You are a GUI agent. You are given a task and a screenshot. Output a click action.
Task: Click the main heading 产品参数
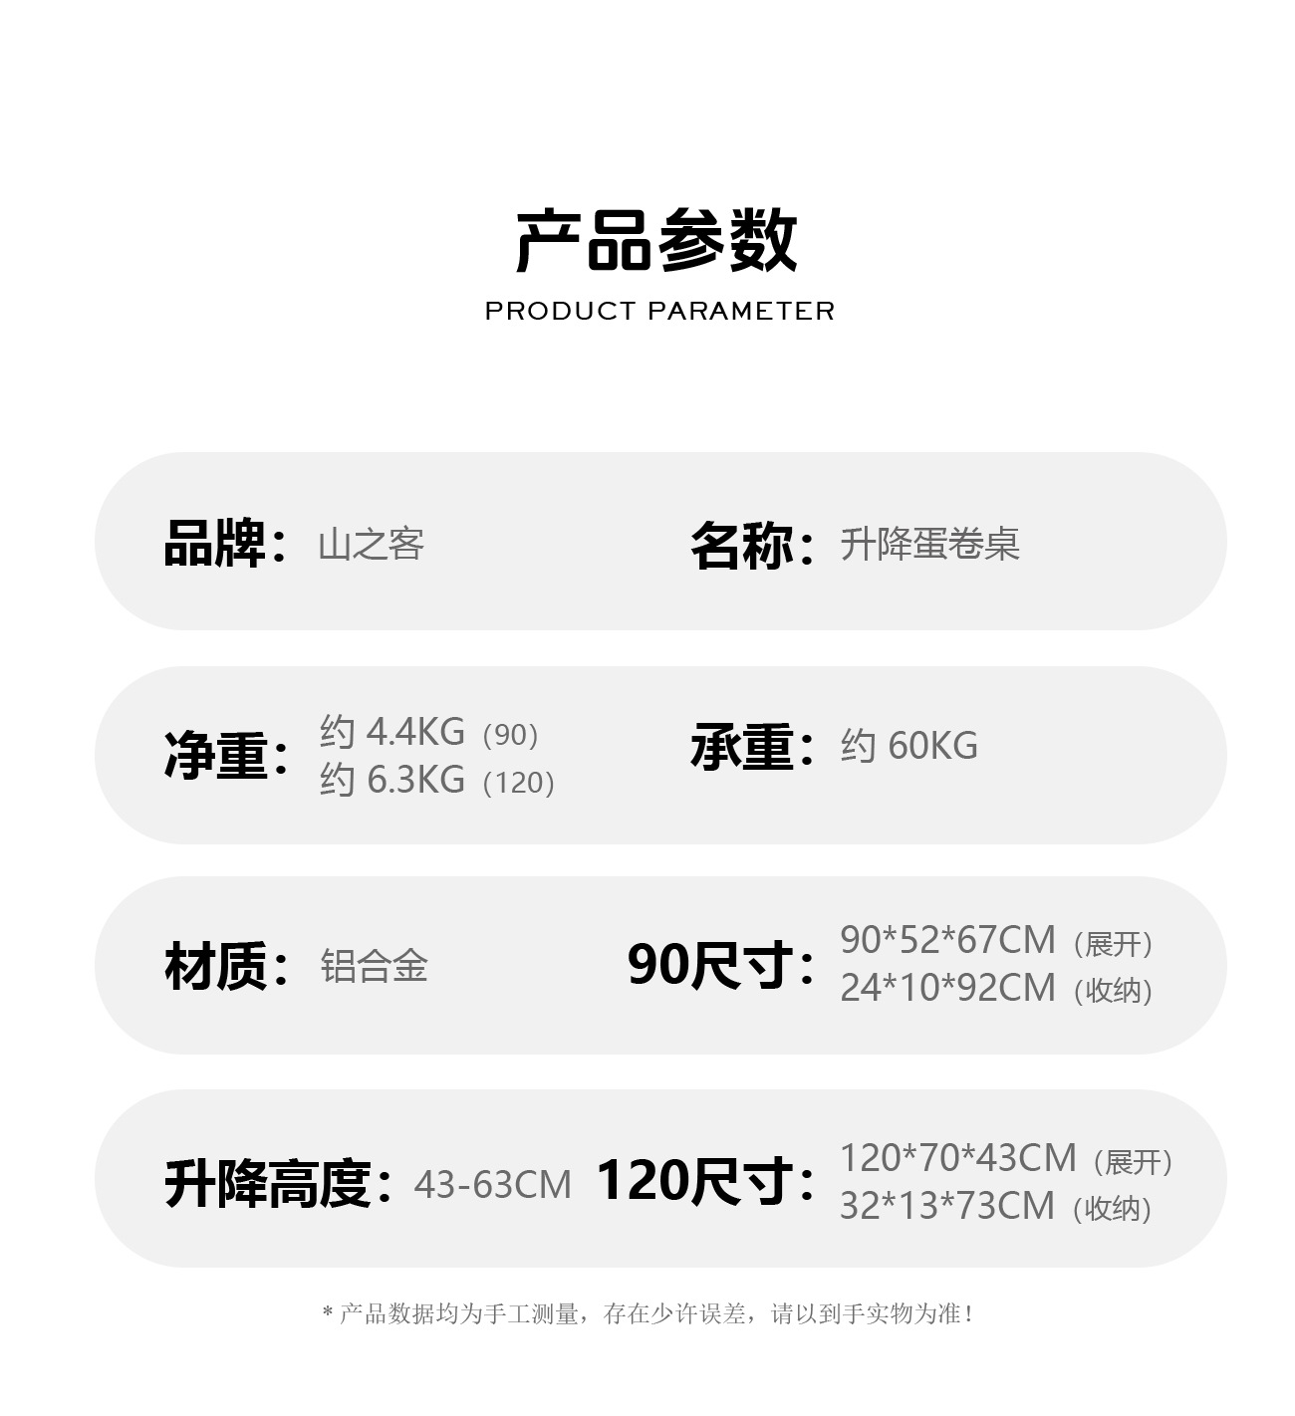[656, 241]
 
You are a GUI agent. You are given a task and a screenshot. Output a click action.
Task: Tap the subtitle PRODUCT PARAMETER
[659, 312]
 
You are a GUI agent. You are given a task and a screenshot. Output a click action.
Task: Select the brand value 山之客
[372, 545]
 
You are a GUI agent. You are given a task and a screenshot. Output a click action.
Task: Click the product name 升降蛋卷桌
[929, 545]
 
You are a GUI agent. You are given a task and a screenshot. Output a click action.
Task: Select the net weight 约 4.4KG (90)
[429, 733]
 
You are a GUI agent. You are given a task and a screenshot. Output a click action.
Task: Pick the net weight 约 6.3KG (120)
[437, 780]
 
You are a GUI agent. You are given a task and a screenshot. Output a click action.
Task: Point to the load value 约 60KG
[908, 746]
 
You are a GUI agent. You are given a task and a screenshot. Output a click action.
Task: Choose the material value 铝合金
[374, 966]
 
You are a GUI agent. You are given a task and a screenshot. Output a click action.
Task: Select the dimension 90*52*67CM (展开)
[996, 940]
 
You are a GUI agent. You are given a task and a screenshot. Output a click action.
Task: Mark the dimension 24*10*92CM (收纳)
[996, 988]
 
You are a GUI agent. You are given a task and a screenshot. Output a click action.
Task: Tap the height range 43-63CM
[492, 1185]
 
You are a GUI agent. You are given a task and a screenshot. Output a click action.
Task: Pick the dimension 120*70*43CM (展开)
[1006, 1159]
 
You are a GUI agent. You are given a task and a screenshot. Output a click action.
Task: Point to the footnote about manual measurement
[648, 1314]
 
